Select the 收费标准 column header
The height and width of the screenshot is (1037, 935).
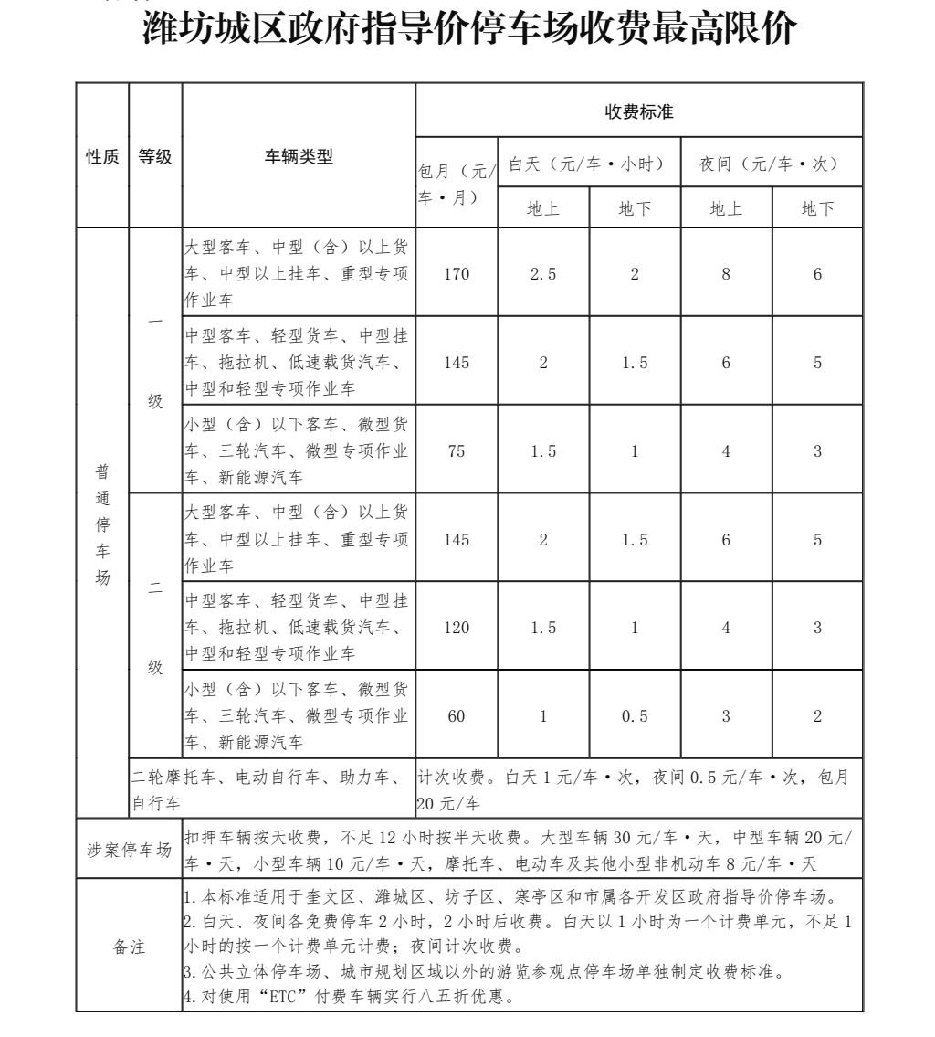click(639, 111)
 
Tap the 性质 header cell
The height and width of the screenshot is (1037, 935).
click(102, 156)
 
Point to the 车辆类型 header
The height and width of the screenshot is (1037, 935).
click(299, 156)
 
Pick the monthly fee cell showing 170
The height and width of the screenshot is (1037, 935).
click(457, 273)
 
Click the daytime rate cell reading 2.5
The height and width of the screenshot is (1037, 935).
click(543, 273)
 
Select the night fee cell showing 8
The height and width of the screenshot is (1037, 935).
click(726, 273)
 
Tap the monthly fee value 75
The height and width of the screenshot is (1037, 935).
click(457, 451)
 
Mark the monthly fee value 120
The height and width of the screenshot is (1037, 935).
click(457, 628)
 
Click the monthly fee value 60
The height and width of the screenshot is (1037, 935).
click(457, 716)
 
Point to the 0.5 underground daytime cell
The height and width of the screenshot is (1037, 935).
click(635, 716)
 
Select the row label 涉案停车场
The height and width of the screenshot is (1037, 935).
click(129, 850)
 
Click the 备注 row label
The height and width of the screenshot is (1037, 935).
click(129, 947)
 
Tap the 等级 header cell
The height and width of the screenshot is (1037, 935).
click(155, 156)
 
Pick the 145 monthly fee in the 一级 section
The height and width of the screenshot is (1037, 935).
click(457, 363)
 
